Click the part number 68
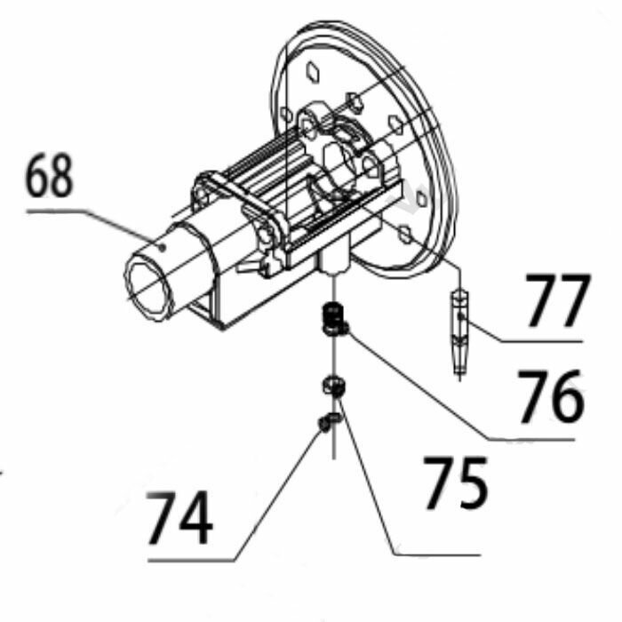pyautogui.click(x=49, y=175)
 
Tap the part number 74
pyautogui.click(x=179, y=518)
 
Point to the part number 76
pyautogui.click(x=552, y=396)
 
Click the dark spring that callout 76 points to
pyautogui.click(x=333, y=318)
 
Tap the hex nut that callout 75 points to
pyautogui.click(x=333, y=385)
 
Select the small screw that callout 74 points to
pyautogui.click(x=329, y=422)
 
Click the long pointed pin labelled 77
pyautogui.click(x=459, y=332)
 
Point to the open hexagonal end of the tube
pyautogui.click(x=148, y=287)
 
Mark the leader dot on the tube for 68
pyautogui.click(x=162, y=248)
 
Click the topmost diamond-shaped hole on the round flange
pyautogui.click(x=313, y=72)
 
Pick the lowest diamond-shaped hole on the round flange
pyautogui.click(x=404, y=234)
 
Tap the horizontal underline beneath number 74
pyautogui.click(x=191, y=561)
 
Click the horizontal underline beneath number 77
pyautogui.click(x=541, y=340)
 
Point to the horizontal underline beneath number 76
pyautogui.click(x=531, y=439)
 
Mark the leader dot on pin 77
pyautogui.click(x=460, y=315)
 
